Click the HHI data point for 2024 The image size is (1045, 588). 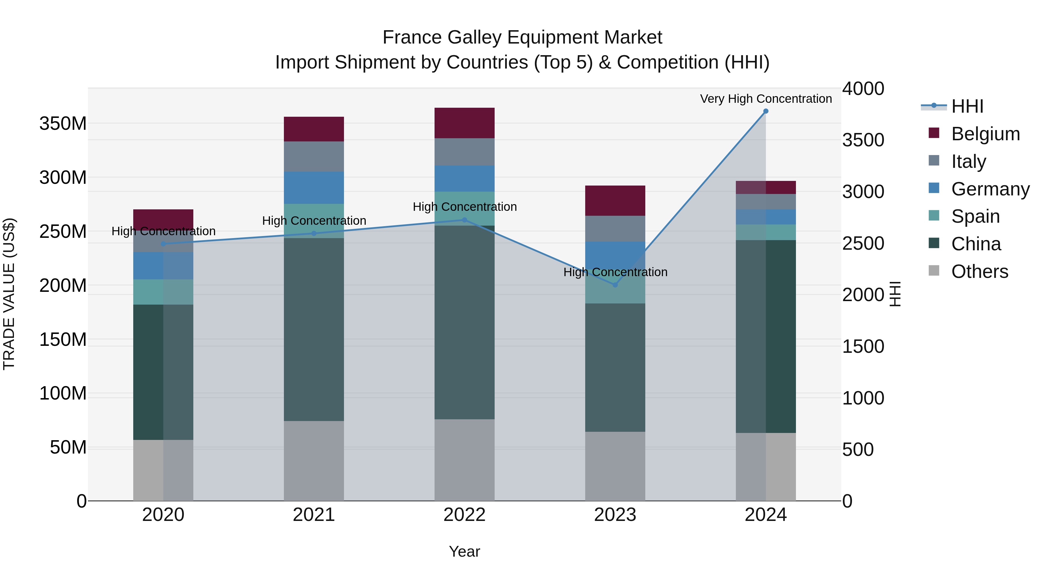tap(765, 111)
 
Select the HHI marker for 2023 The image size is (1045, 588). tap(615, 285)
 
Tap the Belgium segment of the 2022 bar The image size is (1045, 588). tap(464, 123)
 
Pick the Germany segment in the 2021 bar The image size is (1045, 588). tap(313, 188)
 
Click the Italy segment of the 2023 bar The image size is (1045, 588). tap(615, 229)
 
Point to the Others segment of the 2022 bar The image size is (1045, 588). tap(464, 460)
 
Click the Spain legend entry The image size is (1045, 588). tap(975, 216)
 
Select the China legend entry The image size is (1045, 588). tap(976, 244)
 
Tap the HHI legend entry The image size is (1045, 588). tap(967, 106)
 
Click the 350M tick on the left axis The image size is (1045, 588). tap(63, 123)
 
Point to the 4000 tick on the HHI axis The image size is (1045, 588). tap(863, 89)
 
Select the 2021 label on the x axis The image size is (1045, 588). tap(313, 515)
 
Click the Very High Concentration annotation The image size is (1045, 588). tap(765, 99)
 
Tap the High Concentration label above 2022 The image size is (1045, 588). tap(464, 206)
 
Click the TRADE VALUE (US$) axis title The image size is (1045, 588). tap(9, 294)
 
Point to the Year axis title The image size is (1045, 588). tap(464, 551)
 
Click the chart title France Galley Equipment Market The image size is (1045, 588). tap(522, 37)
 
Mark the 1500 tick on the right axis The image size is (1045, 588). tap(863, 346)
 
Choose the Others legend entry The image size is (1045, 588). tap(979, 271)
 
